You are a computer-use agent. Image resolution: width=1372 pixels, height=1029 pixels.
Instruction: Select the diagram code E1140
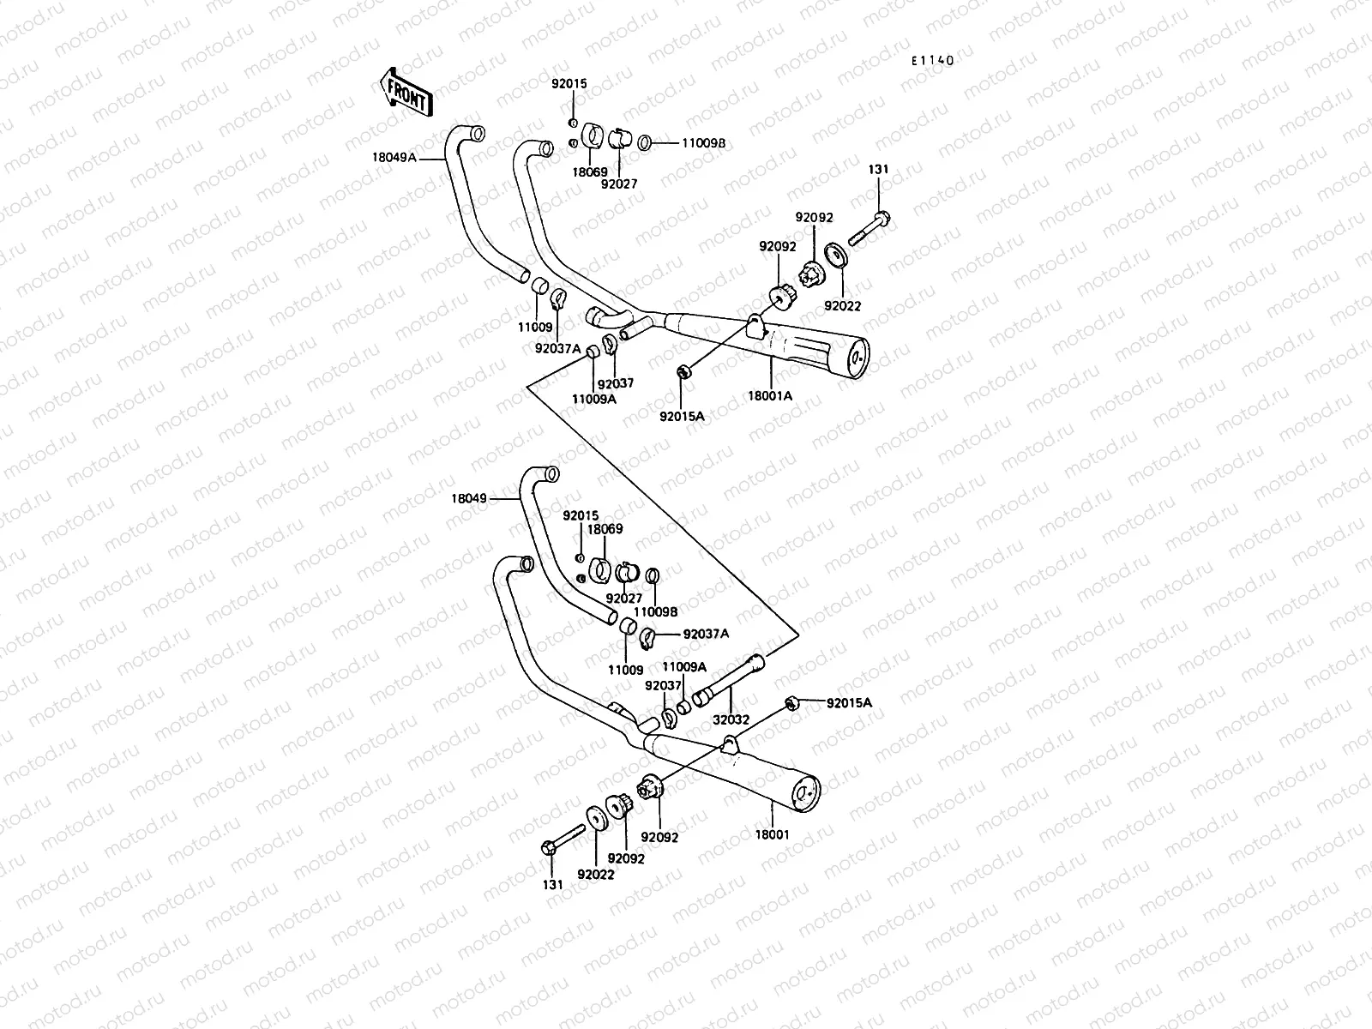[932, 61]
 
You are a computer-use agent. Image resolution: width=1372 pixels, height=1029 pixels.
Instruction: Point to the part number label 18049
[469, 497]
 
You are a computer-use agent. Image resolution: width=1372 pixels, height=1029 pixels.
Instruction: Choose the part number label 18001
[773, 833]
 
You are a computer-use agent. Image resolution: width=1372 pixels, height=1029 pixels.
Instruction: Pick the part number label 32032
[731, 720]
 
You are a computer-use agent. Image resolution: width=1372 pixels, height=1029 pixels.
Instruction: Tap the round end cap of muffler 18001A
[855, 358]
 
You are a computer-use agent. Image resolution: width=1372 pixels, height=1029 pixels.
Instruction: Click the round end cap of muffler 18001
[806, 794]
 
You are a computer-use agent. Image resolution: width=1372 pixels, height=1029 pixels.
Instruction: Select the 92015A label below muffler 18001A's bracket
[682, 416]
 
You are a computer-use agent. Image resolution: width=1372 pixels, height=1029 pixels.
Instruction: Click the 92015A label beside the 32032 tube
[849, 703]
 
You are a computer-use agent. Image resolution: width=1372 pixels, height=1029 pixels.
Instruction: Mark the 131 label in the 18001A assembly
[878, 170]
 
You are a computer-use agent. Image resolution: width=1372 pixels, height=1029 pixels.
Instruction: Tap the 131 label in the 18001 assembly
[553, 884]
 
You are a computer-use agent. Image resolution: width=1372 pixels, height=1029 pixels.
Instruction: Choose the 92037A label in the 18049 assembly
[706, 634]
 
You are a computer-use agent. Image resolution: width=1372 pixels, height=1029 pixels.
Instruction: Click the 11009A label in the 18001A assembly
[594, 398]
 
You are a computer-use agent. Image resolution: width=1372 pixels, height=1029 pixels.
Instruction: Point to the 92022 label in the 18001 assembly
[595, 875]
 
